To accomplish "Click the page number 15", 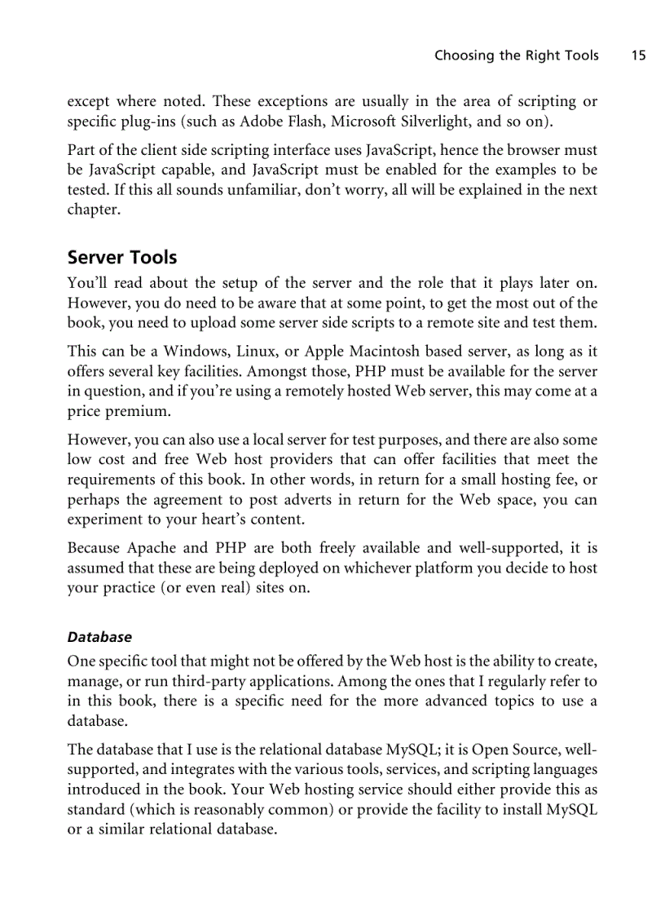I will pyautogui.click(x=638, y=55).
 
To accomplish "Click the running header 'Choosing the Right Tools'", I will pyautogui.click(x=516, y=55).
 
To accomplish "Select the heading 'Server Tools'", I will pyautogui.click(x=121, y=258).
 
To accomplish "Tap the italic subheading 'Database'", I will pyautogui.click(x=99, y=636).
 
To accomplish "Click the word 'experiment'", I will pyautogui.click(x=103, y=520).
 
